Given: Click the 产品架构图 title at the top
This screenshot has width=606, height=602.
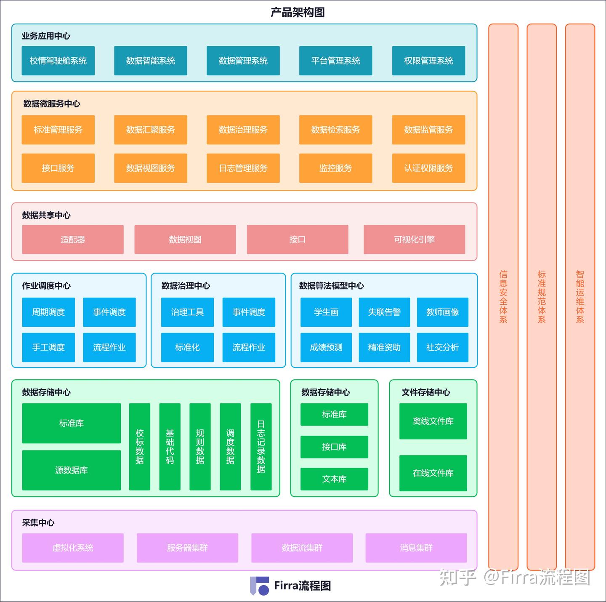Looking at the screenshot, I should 298,12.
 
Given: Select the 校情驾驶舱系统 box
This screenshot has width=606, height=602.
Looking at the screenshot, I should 58,61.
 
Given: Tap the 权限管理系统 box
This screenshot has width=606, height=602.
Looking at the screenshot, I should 428,61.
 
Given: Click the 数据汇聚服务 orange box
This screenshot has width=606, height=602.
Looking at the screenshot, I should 151,130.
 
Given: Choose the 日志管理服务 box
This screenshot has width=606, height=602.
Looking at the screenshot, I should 243,168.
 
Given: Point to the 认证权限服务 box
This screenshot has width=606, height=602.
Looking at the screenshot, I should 428,168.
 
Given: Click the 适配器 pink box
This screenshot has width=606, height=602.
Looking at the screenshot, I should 73,240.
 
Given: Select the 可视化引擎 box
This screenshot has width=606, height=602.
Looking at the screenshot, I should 415,240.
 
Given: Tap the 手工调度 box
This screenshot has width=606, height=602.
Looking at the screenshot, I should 48,347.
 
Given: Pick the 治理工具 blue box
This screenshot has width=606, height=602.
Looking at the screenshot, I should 187,312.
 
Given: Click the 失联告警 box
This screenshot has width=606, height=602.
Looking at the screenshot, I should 384,312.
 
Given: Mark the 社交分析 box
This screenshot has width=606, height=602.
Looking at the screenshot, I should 442,347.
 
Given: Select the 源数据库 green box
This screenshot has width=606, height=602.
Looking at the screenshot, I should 72,470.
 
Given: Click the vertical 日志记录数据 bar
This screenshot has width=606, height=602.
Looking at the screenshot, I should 261,447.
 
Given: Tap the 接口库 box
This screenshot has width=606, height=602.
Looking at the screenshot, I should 334,447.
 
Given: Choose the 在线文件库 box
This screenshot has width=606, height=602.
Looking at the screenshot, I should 433,473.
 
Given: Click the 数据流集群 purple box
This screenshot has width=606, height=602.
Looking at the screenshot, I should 302,548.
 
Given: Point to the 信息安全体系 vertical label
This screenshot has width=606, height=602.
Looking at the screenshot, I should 503,297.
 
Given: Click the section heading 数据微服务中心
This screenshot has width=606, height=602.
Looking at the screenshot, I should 52,104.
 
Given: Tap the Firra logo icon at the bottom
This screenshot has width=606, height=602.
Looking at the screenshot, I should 259,586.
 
